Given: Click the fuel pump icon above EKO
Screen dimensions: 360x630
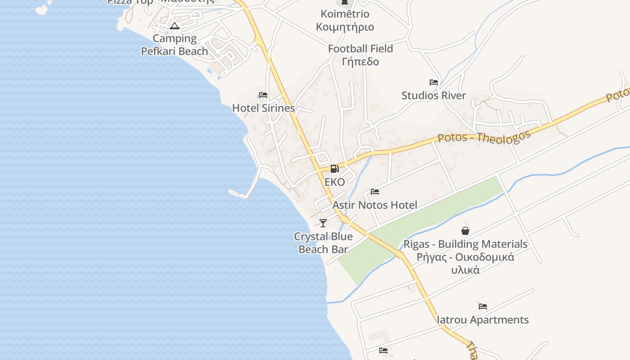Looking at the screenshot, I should pyautogui.click(x=334, y=169).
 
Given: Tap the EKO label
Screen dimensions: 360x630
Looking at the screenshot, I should pyautogui.click(x=335, y=182).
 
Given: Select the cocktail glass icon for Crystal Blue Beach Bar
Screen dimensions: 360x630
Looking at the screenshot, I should pyautogui.click(x=323, y=223).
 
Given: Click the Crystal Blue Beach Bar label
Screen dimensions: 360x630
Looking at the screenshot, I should pyautogui.click(x=323, y=243).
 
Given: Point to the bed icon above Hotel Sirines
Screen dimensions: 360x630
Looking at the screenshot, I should pyautogui.click(x=263, y=95).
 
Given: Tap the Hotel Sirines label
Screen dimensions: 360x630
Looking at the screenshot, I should pyautogui.click(x=263, y=108).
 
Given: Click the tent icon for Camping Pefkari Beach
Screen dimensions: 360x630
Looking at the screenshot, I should pyautogui.click(x=175, y=26).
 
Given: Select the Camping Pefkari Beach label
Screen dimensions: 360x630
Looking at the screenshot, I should pyautogui.click(x=175, y=45).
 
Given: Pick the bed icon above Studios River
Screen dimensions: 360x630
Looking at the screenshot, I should pyautogui.click(x=434, y=82).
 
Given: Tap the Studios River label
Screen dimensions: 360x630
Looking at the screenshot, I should pyautogui.click(x=434, y=95).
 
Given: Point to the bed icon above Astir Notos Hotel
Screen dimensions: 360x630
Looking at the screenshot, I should pyautogui.click(x=375, y=192).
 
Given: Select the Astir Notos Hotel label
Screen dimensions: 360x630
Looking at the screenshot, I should pyautogui.click(x=375, y=205).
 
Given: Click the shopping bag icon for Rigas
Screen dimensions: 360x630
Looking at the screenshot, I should pyautogui.click(x=465, y=231).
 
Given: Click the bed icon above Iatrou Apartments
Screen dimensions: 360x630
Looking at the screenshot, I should pyautogui.click(x=483, y=306).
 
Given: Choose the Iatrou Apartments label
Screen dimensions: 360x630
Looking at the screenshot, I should pyautogui.click(x=483, y=320).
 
